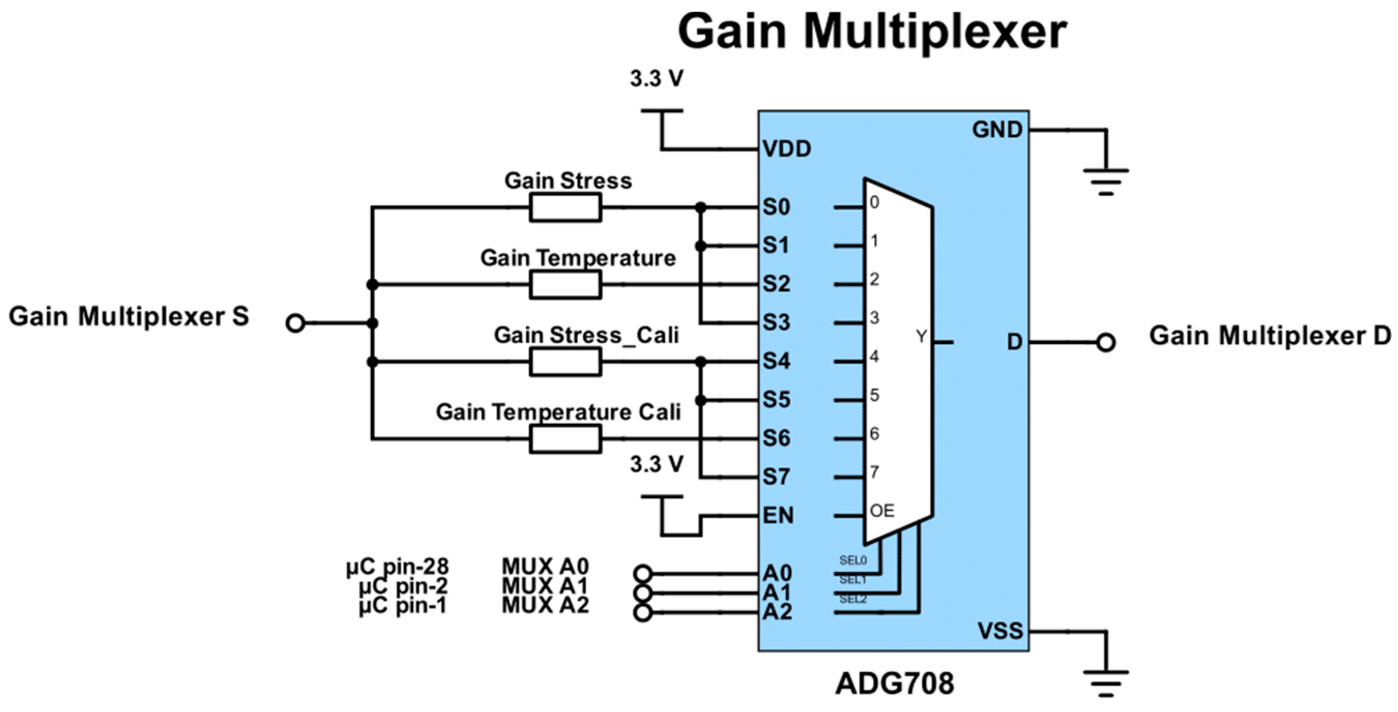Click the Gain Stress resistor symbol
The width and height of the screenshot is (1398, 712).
(x=565, y=207)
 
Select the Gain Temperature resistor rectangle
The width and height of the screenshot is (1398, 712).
(x=565, y=285)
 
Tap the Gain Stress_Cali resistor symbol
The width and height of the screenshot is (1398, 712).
(x=565, y=362)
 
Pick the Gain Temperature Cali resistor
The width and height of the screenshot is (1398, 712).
(x=565, y=439)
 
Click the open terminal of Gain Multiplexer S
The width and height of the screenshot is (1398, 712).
(x=295, y=324)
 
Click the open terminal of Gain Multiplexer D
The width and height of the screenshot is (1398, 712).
(x=1105, y=343)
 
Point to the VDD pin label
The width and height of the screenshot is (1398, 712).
(x=787, y=149)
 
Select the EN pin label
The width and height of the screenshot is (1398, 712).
(x=778, y=515)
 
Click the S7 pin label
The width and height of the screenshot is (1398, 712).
(x=776, y=477)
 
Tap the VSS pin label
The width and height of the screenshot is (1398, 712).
(x=1000, y=631)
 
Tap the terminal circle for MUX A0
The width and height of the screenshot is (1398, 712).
(x=643, y=573)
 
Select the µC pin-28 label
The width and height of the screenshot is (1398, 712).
(x=397, y=567)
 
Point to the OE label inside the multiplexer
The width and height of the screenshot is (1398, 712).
(x=882, y=511)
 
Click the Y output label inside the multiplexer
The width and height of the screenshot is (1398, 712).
(x=922, y=337)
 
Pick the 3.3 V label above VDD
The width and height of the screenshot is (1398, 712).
(x=656, y=79)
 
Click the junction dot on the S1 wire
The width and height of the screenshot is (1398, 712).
(x=701, y=246)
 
